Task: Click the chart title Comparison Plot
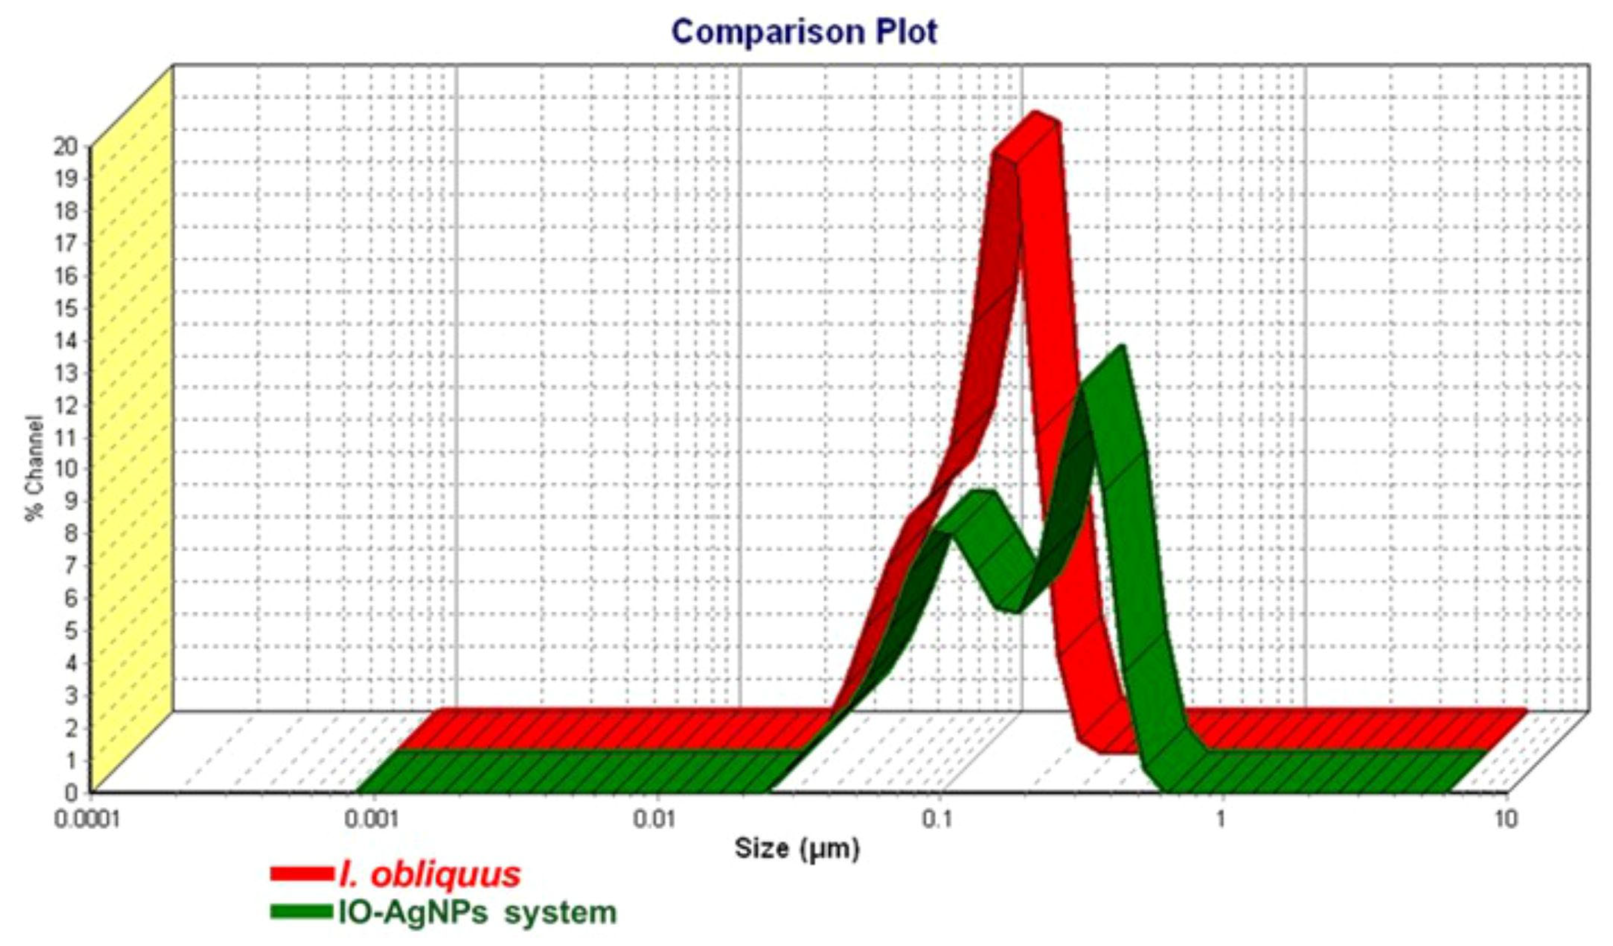pyautogui.click(x=804, y=32)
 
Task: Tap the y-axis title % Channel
pyautogui.click(x=35, y=468)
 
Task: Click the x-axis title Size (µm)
pyautogui.click(x=797, y=849)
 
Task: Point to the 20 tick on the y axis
pyautogui.click(x=66, y=146)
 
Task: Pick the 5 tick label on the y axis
pyautogui.click(x=71, y=629)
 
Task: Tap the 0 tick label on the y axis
pyautogui.click(x=71, y=791)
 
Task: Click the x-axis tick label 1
pyautogui.click(x=1220, y=820)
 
